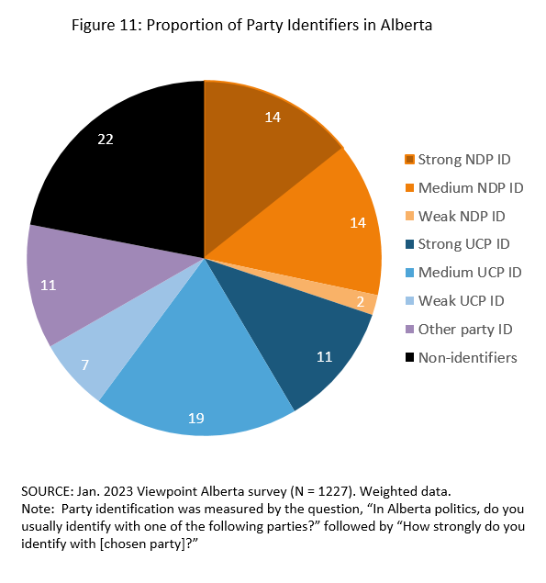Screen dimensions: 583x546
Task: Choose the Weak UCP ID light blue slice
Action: click(92, 358)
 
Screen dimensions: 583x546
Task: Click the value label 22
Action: click(106, 139)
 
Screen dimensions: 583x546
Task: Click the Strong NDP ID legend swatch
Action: click(409, 160)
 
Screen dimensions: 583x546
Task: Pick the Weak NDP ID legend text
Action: click(462, 216)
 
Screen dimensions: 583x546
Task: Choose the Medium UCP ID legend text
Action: click(469, 272)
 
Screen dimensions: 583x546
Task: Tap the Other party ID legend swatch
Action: click(409, 329)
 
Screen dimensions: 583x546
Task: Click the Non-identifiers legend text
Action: click(467, 356)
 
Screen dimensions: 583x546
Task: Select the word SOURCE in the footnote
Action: click(44, 492)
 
